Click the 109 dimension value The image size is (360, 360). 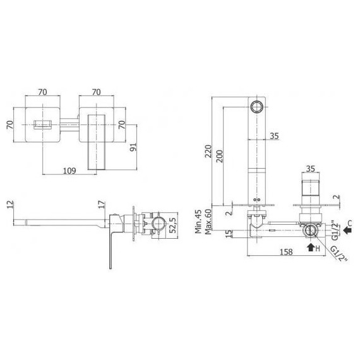pyautogui.click(x=69, y=171)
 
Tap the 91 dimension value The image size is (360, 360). pyautogui.click(x=133, y=147)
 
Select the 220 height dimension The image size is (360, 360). pyautogui.click(x=208, y=151)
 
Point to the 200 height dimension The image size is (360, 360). pyautogui.click(x=220, y=156)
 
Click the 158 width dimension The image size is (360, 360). pyautogui.click(x=286, y=252)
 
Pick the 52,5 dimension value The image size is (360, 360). pyautogui.click(x=174, y=225)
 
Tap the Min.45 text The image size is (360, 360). pyautogui.click(x=198, y=221)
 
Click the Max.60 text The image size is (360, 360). pyautogui.click(x=208, y=221)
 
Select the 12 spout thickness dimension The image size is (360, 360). pyautogui.click(x=10, y=205)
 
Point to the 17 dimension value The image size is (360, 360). pyautogui.click(x=102, y=205)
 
